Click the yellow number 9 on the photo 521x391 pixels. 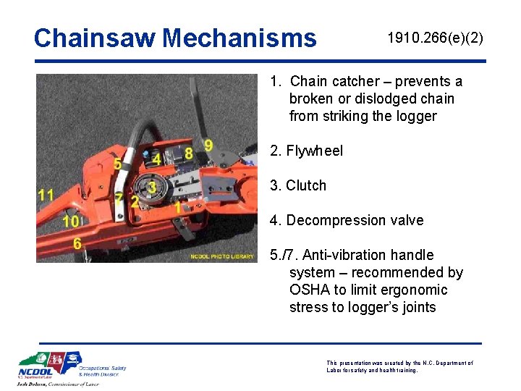[x=208, y=146]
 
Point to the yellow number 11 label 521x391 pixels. [x=46, y=195]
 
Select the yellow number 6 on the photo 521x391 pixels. [x=77, y=244]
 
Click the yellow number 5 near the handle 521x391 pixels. [x=117, y=164]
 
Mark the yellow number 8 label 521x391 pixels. [x=189, y=154]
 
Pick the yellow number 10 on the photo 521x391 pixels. [x=71, y=222]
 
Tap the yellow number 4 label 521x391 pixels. [x=156, y=159]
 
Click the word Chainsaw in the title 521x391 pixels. [x=95, y=38]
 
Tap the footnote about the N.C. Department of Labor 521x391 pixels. [x=399, y=366]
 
